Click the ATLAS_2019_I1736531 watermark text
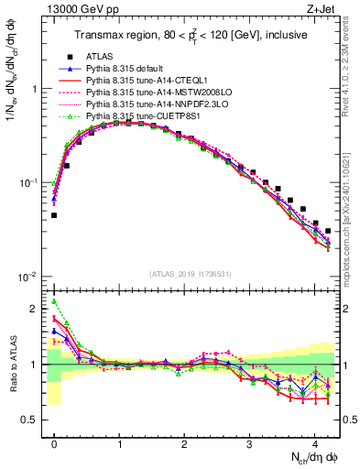point(191,274)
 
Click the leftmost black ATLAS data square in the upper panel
point(54,215)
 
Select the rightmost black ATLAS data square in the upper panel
point(328,231)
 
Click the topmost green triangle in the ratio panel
point(54,300)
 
